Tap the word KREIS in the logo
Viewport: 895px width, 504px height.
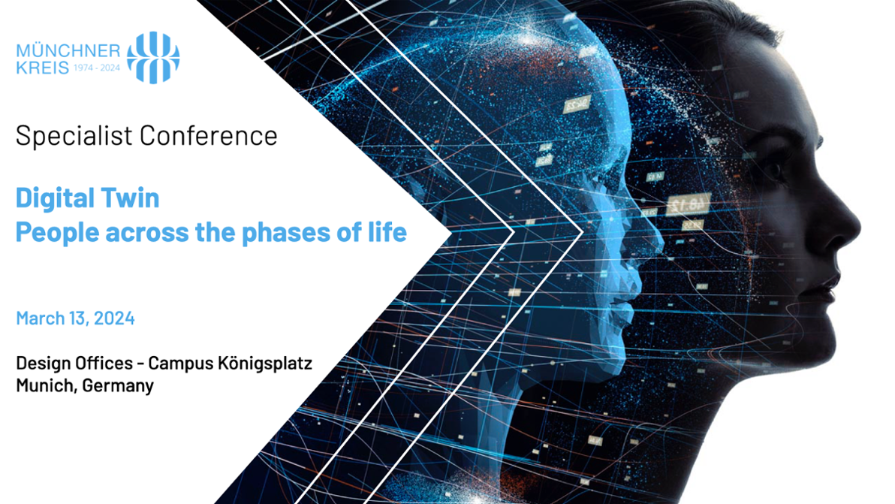[x=43, y=68]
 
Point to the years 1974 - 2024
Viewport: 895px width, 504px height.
[x=96, y=68]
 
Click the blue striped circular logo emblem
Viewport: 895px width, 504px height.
[x=153, y=58]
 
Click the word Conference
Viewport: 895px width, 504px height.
[x=208, y=136]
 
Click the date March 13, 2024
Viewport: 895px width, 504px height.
[x=75, y=318]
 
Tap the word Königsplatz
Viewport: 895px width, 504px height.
[x=265, y=364]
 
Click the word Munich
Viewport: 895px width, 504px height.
[x=47, y=385]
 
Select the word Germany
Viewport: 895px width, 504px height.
[x=118, y=386]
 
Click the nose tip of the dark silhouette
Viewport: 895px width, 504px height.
[x=858, y=232]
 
